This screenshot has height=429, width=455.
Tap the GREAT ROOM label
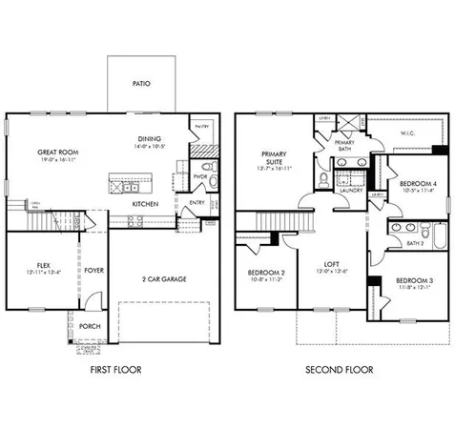[x=57, y=150]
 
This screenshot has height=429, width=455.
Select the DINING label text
[x=150, y=137]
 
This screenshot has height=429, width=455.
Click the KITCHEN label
[x=145, y=204]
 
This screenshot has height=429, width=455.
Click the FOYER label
[x=93, y=270]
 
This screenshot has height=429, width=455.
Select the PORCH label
[x=91, y=326]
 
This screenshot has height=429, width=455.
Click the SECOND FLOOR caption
[x=339, y=370]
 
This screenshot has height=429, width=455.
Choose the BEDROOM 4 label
[x=417, y=183]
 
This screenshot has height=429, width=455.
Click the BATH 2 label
[x=413, y=243]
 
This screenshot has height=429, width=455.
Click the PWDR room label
[x=200, y=176]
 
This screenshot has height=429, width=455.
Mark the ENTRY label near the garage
[x=196, y=202]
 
